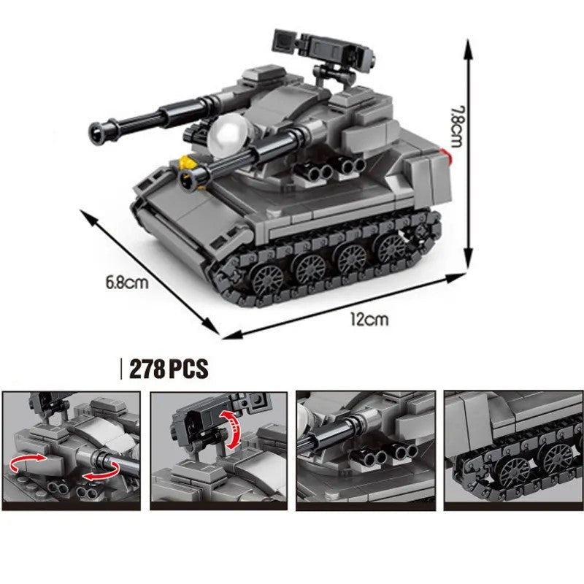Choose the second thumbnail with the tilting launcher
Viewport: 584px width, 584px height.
(x=218, y=450)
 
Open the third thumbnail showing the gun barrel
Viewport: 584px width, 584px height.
(x=365, y=450)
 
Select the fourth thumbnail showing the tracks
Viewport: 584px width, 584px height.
(x=512, y=450)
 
